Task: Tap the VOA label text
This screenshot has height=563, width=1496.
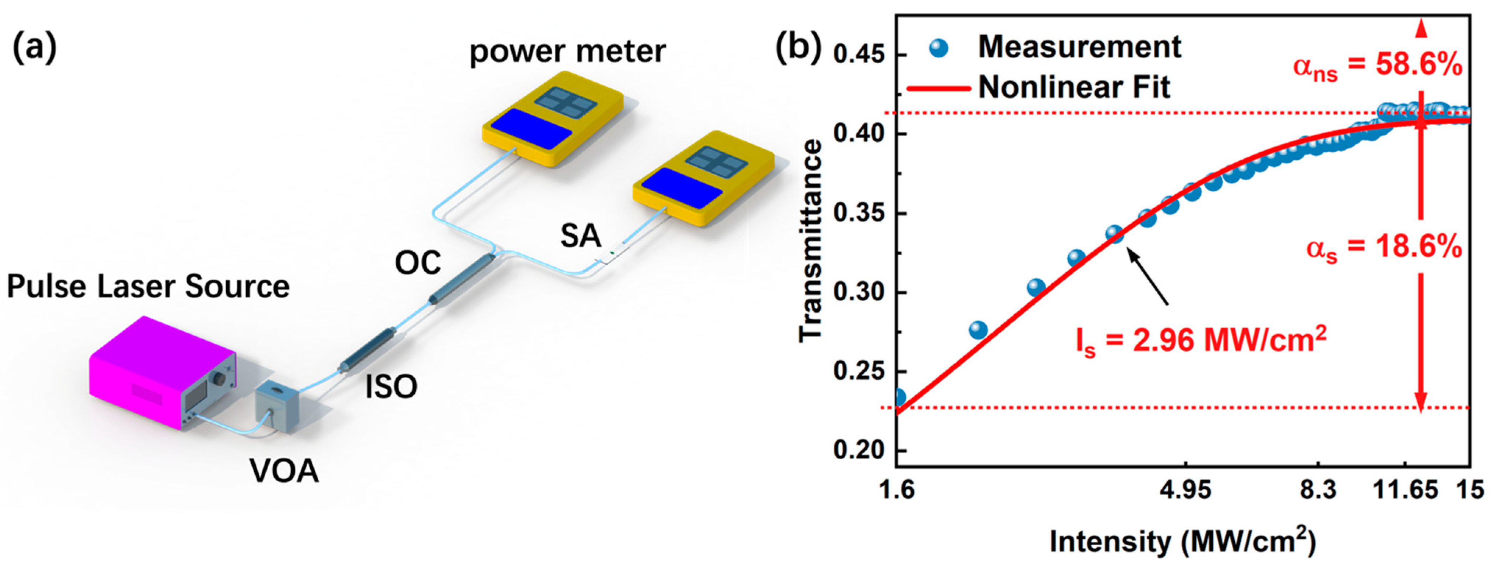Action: click(284, 471)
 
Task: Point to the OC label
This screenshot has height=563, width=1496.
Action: click(418, 263)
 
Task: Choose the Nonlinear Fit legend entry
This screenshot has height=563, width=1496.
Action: click(1074, 88)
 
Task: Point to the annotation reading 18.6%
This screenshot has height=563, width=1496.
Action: click(1384, 248)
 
